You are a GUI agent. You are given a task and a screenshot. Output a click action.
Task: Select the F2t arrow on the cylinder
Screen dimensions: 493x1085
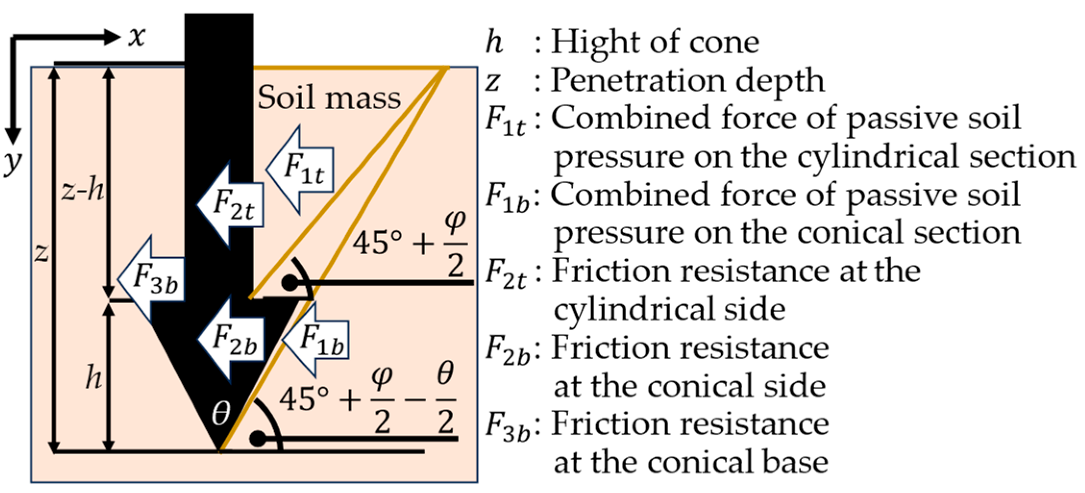(x=232, y=205)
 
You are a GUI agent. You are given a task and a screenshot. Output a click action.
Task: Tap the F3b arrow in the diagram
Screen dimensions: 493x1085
(x=153, y=280)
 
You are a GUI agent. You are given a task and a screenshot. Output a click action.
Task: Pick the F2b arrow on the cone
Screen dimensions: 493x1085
(x=232, y=339)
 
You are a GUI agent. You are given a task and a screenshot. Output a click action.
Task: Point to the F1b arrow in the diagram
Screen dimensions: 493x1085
(x=318, y=339)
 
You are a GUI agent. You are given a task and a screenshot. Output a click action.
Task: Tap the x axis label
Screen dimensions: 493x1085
(x=137, y=37)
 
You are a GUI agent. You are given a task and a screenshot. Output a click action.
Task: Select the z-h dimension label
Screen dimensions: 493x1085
(x=83, y=191)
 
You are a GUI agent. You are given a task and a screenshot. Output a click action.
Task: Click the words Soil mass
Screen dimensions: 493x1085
(x=329, y=98)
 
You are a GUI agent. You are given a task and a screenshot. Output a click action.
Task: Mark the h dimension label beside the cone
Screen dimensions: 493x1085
(x=94, y=378)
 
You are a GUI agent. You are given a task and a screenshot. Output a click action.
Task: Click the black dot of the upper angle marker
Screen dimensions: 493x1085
(x=290, y=283)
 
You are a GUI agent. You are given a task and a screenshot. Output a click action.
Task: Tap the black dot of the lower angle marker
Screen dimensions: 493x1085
(x=258, y=439)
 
